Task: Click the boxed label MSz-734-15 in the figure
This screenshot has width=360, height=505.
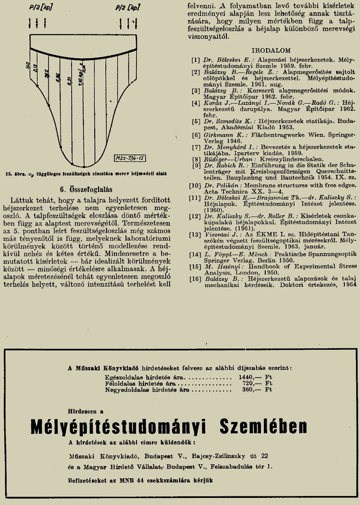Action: (129, 159)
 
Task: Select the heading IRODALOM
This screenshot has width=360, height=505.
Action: (271, 50)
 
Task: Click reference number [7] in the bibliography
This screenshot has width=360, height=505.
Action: (196, 147)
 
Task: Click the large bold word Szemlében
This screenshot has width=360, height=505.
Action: (263, 426)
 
